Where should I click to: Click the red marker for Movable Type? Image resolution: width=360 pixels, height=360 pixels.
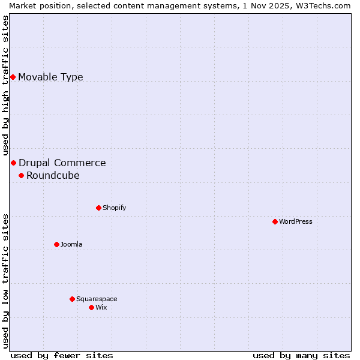coord(13,77)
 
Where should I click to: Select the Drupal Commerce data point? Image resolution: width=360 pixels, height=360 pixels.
coord(13,163)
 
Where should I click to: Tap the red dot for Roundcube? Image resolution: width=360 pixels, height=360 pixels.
coord(21,175)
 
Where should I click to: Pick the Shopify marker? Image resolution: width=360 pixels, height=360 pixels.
coord(98,208)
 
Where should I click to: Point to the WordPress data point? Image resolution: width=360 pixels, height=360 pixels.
coord(275,221)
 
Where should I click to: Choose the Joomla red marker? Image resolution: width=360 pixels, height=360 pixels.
coord(56,244)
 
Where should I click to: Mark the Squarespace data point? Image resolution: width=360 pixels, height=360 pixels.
coord(72,299)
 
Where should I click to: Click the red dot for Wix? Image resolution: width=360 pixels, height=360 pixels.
coord(91,307)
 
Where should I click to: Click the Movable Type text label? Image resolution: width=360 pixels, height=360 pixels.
coord(50,77)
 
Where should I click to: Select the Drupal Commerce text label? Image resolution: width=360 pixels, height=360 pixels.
coord(62,163)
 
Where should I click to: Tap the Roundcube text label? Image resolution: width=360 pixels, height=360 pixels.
coord(53,175)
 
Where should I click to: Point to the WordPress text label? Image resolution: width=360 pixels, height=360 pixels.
coord(296,221)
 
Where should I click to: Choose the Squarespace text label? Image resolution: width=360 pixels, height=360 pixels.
coord(97,299)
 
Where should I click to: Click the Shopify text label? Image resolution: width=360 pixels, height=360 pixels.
coord(114,208)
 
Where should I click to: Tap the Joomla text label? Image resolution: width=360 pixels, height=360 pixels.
coord(71,244)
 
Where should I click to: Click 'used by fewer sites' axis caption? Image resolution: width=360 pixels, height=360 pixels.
coord(62,355)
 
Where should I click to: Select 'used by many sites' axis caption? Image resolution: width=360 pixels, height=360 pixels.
coord(301,355)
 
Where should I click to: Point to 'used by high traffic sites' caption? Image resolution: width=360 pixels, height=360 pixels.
coord(6,86)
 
